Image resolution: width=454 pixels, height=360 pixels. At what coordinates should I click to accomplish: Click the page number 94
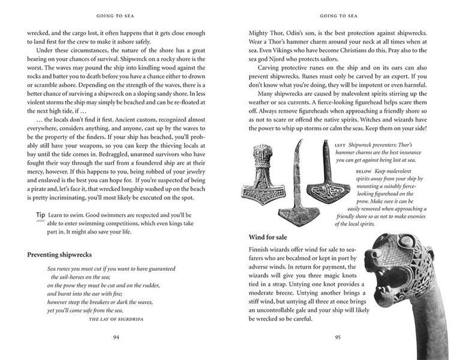click(117, 337)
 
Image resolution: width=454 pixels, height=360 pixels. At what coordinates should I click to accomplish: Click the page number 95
click(336, 337)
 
